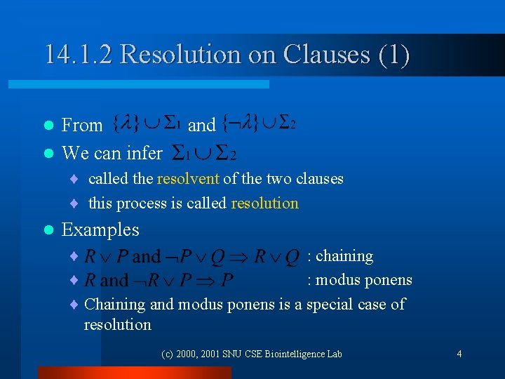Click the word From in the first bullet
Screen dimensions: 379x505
tap(82, 126)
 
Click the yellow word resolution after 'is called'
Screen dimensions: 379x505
tap(265, 204)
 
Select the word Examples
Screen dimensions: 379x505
tap(100, 230)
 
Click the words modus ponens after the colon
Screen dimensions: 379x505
tap(364, 280)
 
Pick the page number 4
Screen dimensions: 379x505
tap(459, 354)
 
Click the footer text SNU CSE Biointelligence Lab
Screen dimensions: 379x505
tap(288, 354)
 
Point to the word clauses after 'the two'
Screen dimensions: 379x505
tap(319, 178)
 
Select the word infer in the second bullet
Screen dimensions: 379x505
tap(146, 152)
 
